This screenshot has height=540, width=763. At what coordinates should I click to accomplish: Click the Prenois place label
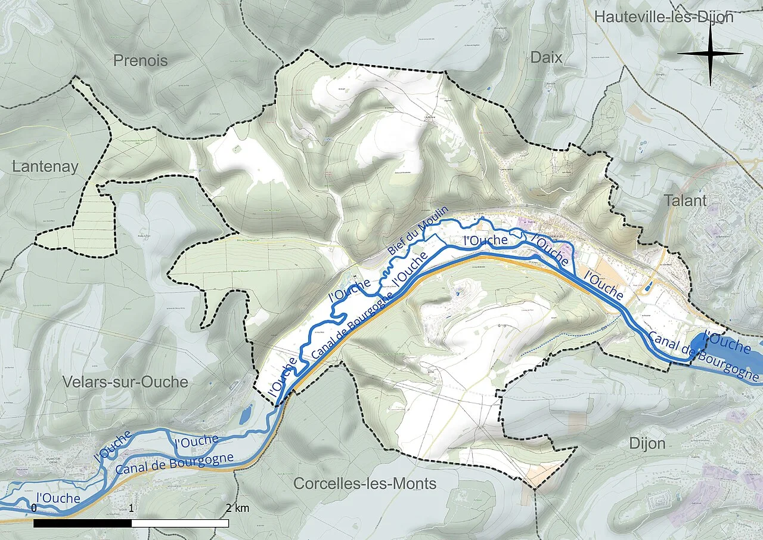click(140, 60)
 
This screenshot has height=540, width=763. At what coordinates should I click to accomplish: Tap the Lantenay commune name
click(45, 167)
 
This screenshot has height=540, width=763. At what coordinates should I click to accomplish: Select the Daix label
click(546, 57)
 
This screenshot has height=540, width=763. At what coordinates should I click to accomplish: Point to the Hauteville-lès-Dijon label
click(663, 17)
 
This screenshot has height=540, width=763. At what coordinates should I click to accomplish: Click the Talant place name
click(687, 200)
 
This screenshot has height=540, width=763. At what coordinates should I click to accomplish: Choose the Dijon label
click(647, 443)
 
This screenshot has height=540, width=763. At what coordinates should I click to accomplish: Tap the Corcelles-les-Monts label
click(365, 483)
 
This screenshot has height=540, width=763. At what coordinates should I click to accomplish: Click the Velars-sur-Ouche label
click(125, 382)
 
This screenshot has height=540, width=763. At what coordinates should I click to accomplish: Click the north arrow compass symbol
click(710, 54)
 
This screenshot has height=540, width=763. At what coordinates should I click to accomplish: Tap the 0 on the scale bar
click(34, 508)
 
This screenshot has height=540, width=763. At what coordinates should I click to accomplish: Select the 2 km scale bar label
click(237, 508)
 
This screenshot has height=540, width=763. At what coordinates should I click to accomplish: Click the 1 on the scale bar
click(131, 508)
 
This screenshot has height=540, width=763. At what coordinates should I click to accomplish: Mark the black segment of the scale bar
click(82, 523)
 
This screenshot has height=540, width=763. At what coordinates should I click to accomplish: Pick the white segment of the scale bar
click(180, 523)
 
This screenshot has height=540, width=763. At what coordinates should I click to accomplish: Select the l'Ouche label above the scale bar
click(58, 497)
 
